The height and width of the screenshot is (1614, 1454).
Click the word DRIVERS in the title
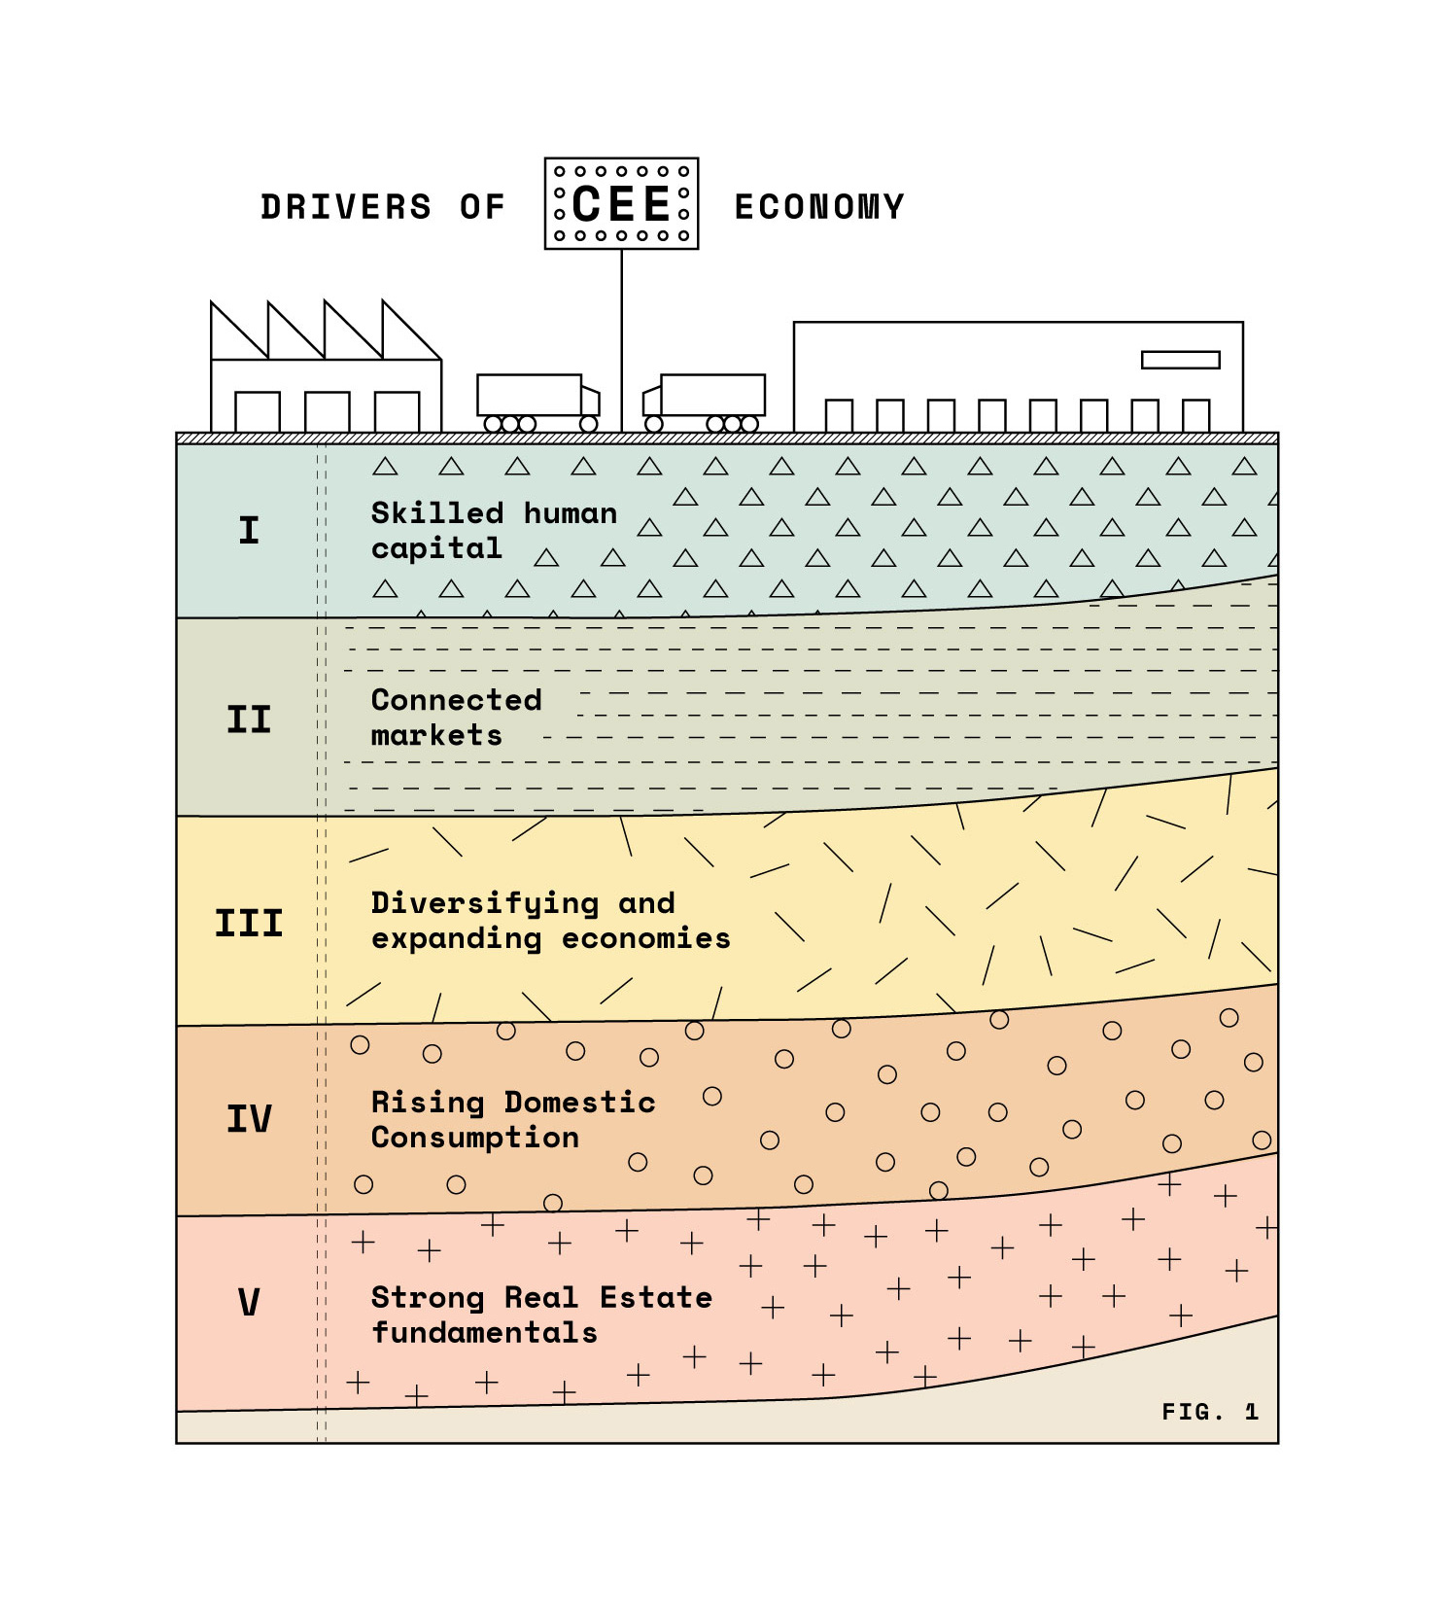[345, 207]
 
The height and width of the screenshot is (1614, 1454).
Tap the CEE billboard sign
[622, 203]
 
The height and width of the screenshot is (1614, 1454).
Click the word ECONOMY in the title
[819, 207]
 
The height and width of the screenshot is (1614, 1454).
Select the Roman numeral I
[249, 530]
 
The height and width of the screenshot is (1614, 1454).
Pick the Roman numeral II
[249, 719]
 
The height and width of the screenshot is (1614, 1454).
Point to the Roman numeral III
[249, 923]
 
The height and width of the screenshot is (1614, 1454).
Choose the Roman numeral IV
[249, 1118]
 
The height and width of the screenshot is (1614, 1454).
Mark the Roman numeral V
[249, 1302]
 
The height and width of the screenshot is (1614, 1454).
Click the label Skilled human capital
[494, 531]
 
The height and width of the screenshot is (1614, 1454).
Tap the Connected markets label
[456, 718]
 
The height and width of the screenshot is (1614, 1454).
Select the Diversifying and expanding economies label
[550, 921]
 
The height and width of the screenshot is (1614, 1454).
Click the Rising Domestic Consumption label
[513, 1119]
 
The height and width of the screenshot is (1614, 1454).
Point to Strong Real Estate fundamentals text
[541, 1315]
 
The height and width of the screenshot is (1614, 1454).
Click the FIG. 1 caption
[1210, 1412]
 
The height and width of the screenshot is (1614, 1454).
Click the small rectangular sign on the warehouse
[1181, 360]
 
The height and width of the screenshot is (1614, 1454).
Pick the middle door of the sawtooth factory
[328, 411]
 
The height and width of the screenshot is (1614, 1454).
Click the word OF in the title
[483, 207]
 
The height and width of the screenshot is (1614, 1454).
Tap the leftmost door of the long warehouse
[839, 415]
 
